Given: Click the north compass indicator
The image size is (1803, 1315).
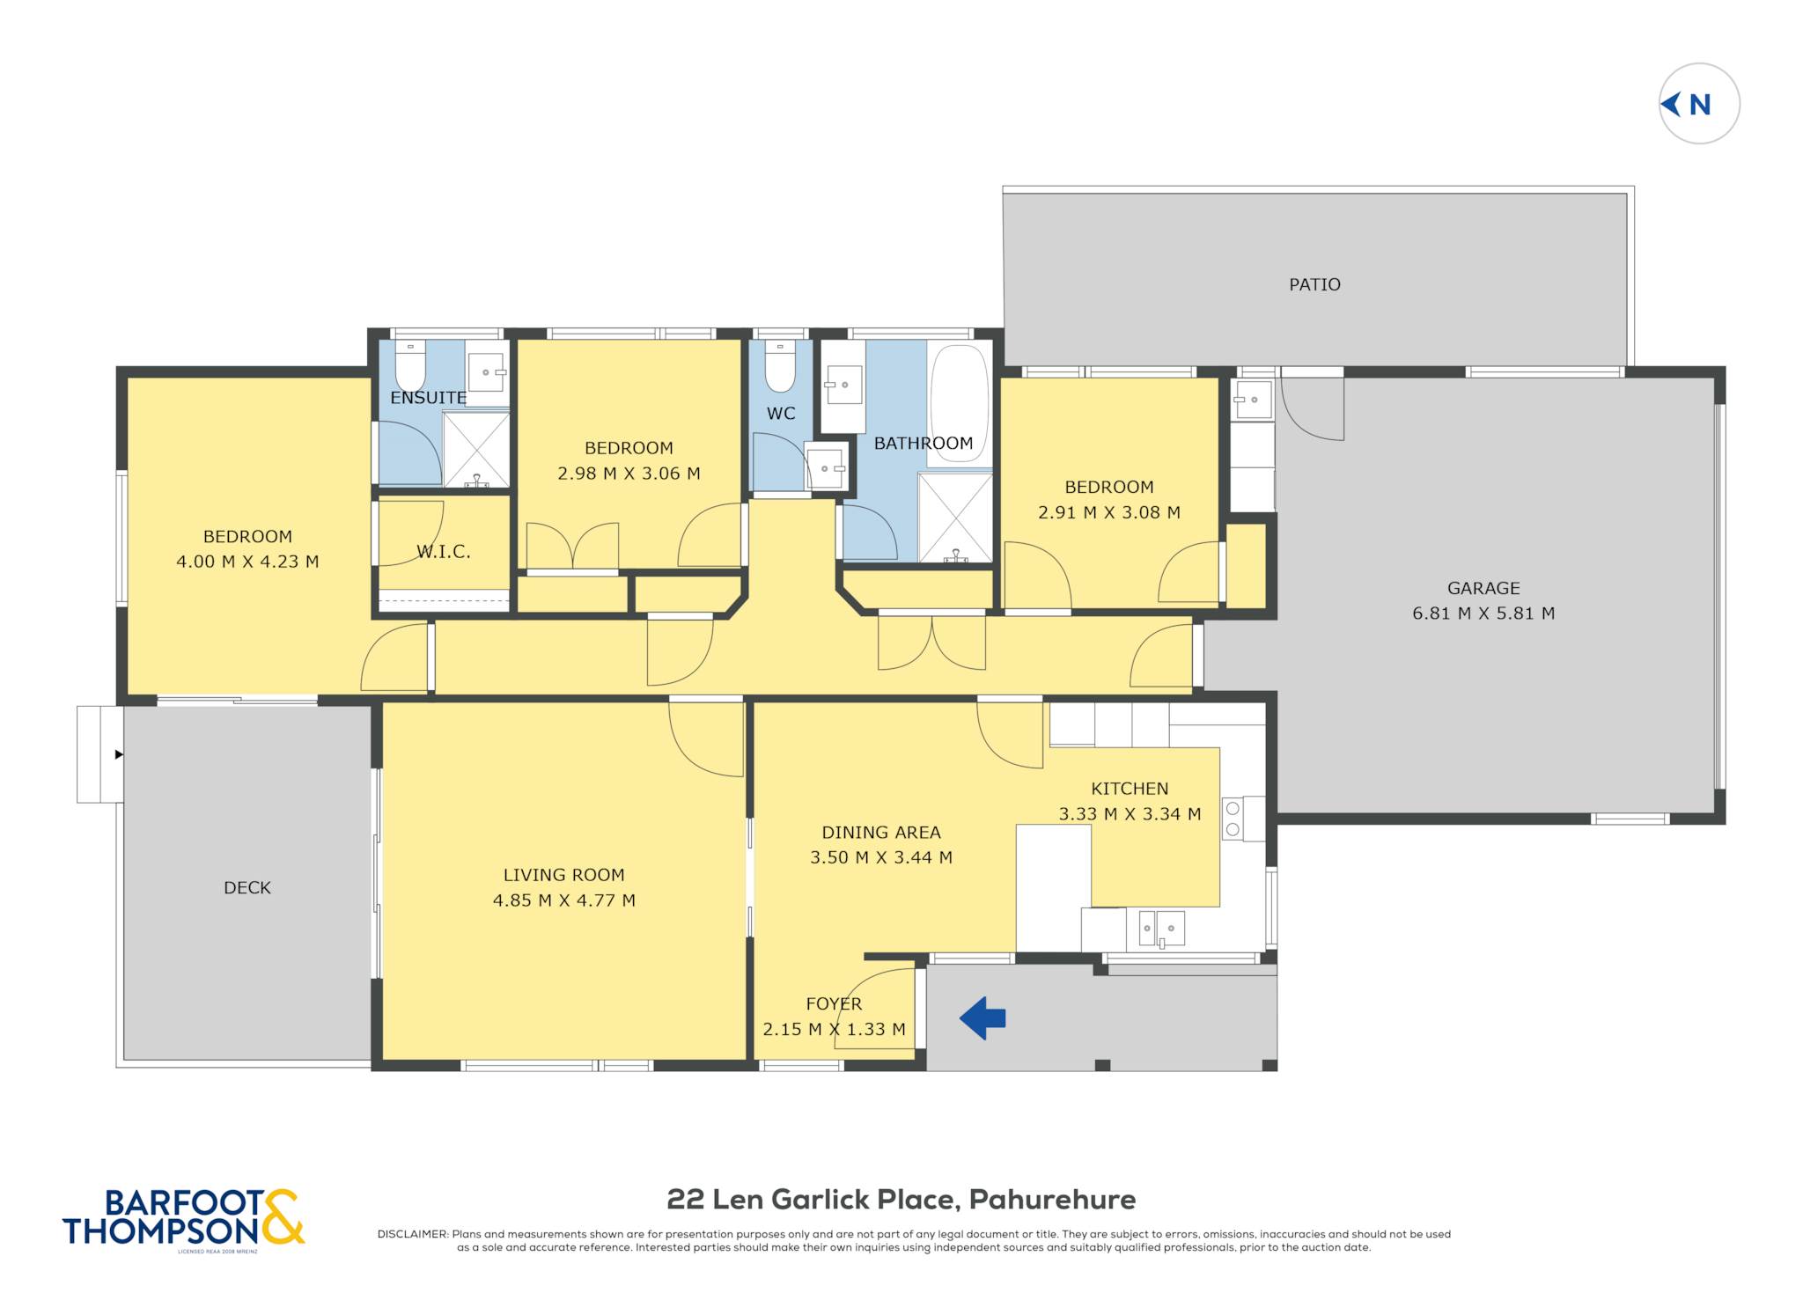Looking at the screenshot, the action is coord(1698,104).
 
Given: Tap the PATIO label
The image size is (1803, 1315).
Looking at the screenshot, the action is coord(1314,284).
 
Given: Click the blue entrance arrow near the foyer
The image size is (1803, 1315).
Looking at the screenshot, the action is coord(982,1018).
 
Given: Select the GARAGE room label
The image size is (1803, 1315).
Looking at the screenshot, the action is coord(1483,588).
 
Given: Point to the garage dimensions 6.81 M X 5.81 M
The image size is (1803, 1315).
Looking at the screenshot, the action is coord(1483,613).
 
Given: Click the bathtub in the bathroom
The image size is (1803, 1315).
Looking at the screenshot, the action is coord(959,405).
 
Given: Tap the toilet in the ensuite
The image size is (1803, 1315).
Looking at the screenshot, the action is coord(410,364).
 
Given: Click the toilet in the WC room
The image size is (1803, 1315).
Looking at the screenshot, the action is coord(780,365).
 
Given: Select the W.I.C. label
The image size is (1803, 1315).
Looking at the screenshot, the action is coord(443,552).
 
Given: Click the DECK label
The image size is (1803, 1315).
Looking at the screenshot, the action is coord(247,888).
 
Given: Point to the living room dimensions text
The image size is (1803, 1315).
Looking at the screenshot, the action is coord(563,900).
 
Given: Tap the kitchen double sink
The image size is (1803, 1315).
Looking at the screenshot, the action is coord(1162,929).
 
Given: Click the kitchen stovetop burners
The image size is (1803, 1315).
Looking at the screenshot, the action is coord(1233,819).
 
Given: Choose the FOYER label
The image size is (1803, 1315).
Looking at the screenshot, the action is coord(834,1003).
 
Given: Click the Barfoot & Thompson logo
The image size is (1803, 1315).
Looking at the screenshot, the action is coord(183,1218).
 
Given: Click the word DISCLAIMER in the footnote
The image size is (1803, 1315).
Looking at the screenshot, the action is coord(412,1234).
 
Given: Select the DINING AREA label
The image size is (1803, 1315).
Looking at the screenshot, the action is coord(881,833).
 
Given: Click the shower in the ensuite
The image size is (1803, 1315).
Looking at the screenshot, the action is coord(475,449).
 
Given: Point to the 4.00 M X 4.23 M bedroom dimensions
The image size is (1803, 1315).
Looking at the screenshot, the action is coord(247,562).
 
